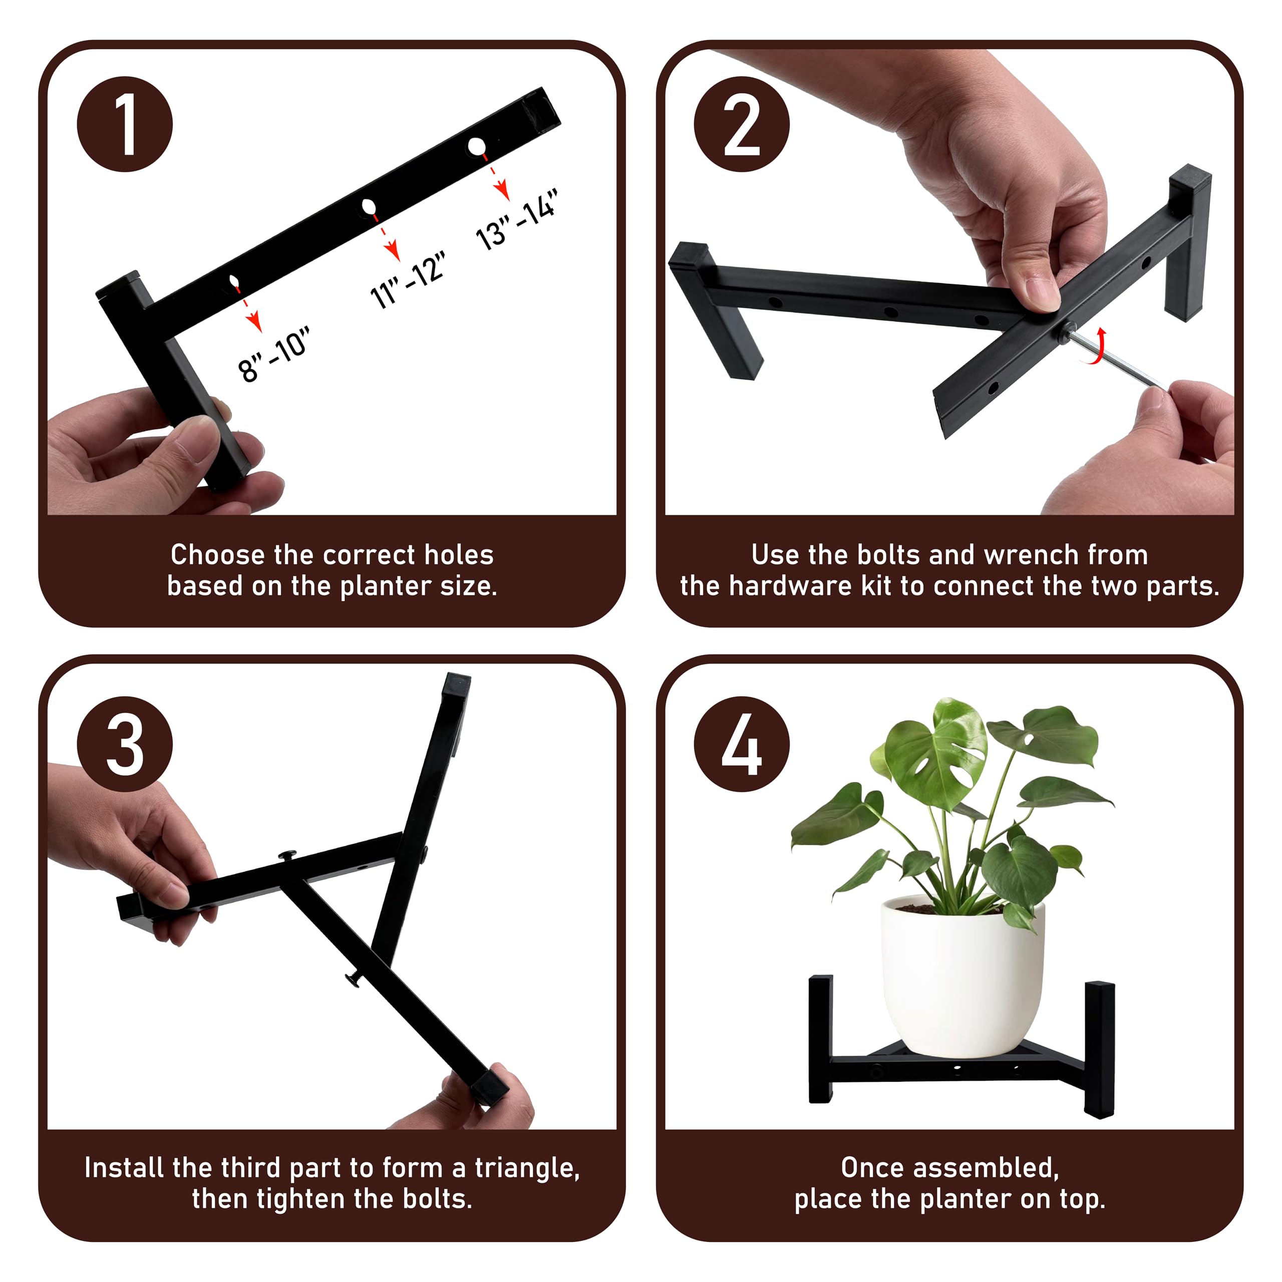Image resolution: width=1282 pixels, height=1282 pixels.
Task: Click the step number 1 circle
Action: pyautogui.click(x=125, y=124)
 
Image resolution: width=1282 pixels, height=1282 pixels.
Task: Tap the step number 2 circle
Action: pyautogui.click(x=742, y=124)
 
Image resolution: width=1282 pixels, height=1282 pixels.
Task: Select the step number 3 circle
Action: pyautogui.click(x=125, y=744)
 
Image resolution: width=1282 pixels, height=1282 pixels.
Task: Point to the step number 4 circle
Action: pyautogui.click(x=742, y=744)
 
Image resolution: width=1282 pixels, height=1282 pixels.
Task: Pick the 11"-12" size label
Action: pyautogui.click(x=407, y=280)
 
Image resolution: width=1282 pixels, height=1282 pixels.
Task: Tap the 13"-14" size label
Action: pyautogui.click(x=516, y=219)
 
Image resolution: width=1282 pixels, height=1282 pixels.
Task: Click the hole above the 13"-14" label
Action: pyautogui.click(x=476, y=147)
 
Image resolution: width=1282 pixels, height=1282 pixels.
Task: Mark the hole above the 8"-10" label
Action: pyautogui.click(x=234, y=281)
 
